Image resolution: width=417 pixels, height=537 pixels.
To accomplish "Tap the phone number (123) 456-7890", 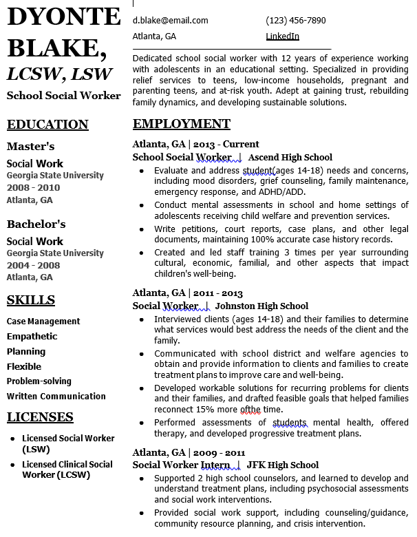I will (295, 21).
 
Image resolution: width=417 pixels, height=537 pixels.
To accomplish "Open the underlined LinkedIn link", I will (282, 36).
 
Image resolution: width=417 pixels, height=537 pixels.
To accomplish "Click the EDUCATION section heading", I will (47, 125).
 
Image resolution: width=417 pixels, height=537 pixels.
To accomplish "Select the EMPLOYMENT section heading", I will (181, 124).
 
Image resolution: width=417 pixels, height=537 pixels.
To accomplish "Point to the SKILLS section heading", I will (31, 299).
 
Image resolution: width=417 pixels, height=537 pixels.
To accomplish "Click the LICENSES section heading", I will (40, 417).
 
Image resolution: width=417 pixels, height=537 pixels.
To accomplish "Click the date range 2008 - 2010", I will (33, 188).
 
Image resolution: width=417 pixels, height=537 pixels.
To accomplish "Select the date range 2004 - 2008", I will (33, 265).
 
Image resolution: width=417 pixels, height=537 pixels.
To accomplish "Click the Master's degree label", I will (30, 147).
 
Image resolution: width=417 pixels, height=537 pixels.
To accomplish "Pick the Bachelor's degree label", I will (36, 224).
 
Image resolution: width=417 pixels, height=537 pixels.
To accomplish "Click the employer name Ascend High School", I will (290, 157).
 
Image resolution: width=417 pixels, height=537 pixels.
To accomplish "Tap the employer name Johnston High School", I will (261, 306).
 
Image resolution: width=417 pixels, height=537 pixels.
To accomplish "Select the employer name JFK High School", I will (282, 465).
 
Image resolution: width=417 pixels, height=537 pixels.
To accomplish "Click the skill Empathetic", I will (32, 337).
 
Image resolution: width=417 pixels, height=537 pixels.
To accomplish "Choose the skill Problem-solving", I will (39, 381).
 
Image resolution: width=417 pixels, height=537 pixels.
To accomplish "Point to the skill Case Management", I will (43, 322).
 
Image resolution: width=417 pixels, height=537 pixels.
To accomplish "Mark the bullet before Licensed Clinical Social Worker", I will (13, 465).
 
